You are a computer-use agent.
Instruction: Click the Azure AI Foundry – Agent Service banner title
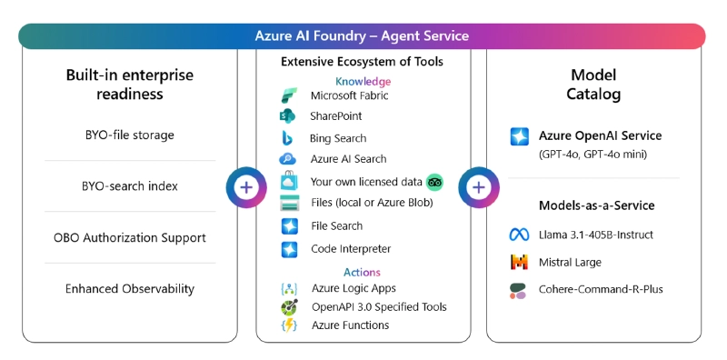[362, 36]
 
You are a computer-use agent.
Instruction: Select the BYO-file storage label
[129, 135]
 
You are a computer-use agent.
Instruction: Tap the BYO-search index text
[129, 186]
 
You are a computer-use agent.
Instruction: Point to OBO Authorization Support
[129, 238]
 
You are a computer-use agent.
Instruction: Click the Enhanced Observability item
[129, 289]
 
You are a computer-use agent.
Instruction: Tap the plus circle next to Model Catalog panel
[479, 187]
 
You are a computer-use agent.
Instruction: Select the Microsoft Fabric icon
[289, 95]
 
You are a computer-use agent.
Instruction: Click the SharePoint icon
[289, 116]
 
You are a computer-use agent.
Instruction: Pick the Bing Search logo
[289, 138]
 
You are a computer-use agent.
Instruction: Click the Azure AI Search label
[348, 159]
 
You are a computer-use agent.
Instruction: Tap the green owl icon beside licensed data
[434, 182]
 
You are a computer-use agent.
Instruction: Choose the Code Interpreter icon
[289, 248]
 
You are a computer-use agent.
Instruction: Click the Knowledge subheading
[363, 81]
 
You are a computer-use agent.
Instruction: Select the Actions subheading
[362, 272]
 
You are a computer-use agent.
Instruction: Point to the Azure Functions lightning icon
[289, 325]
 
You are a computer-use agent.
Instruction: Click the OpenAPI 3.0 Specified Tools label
[378, 307]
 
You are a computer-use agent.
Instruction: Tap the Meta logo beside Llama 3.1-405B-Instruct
[519, 235]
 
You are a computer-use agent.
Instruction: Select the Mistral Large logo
[519, 263]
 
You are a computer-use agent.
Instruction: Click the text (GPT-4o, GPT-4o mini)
[593, 155]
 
